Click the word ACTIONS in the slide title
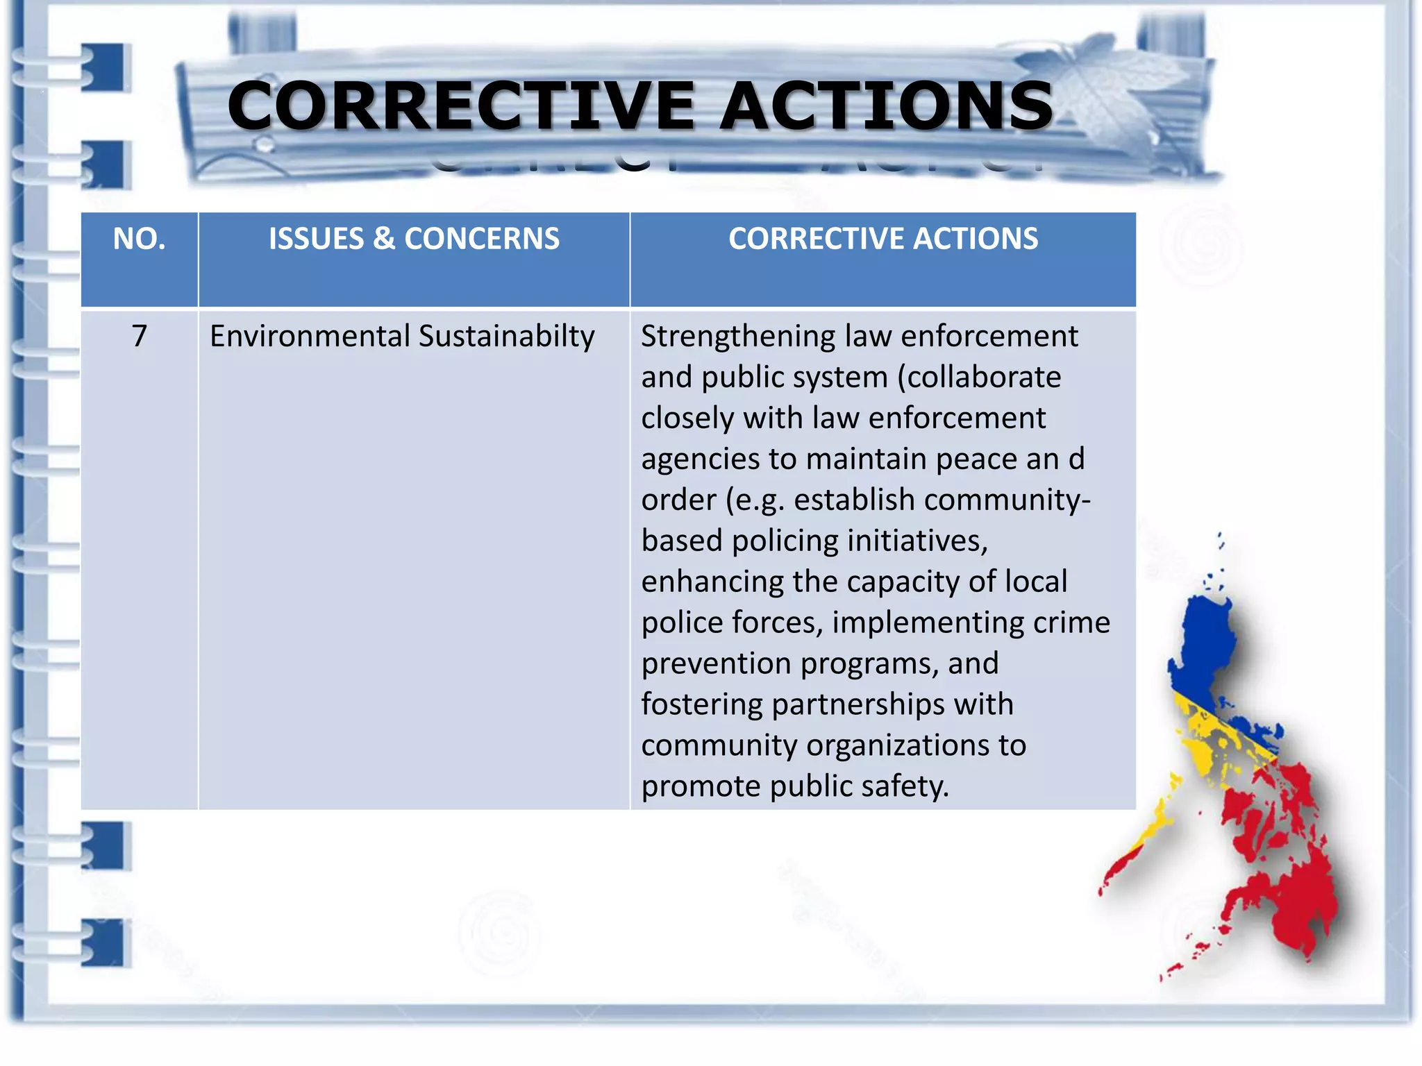pos(887,105)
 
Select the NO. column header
pos(140,239)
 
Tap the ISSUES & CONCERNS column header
pos(414,239)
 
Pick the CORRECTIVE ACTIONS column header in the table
pos(883,239)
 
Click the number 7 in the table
pos(140,336)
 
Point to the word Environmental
pos(310,336)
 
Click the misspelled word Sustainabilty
pos(507,336)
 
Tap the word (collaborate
pos(979,377)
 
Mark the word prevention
pos(716,663)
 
